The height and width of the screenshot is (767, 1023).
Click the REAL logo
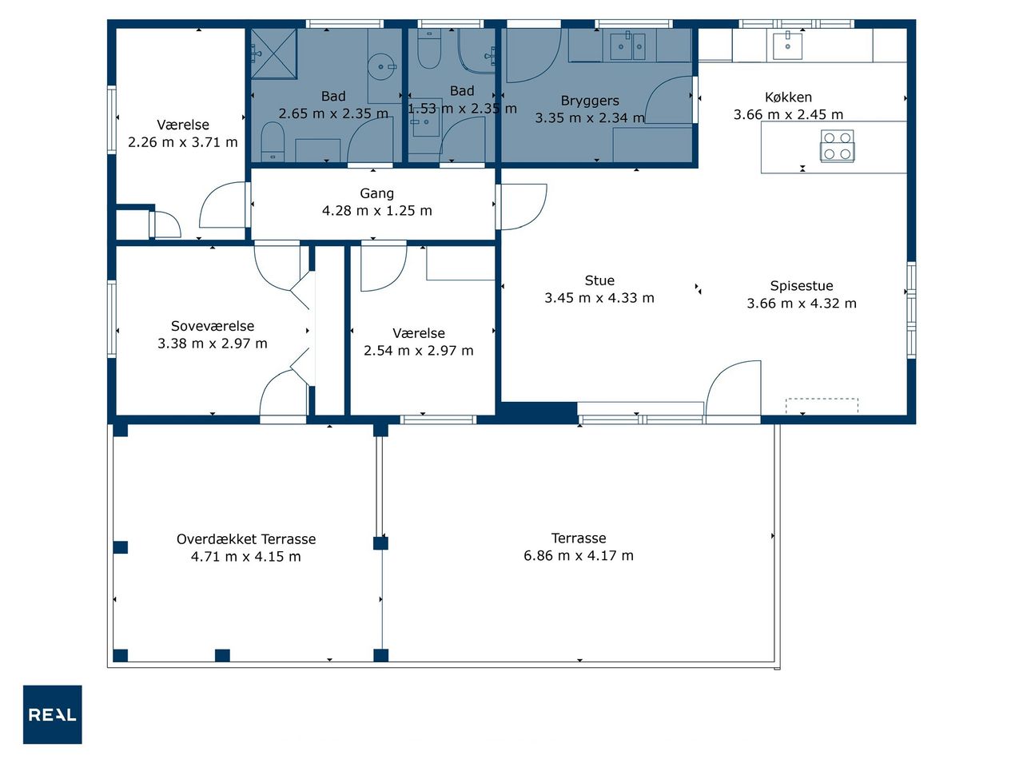tap(52, 714)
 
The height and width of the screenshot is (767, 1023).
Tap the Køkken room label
tap(788, 97)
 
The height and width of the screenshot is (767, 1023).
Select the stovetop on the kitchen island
tap(837, 145)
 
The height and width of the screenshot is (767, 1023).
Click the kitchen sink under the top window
tap(788, 46)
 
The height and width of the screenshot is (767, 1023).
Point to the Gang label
tap(376, 193)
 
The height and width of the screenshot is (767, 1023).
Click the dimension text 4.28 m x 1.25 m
tap(376, 210)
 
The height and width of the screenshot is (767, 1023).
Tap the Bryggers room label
tap(590, 101)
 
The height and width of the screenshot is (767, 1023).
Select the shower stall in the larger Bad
tap(273, 53)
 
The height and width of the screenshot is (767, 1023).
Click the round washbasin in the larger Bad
tap(380, 66)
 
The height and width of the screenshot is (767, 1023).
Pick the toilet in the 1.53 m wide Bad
tap(428, 49)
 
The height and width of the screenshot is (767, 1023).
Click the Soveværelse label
tap(212, 326)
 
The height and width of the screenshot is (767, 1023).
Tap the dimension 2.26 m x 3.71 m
tap(183, 142)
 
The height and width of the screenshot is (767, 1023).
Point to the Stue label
tap(599, 280)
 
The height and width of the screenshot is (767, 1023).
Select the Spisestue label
tap(801, 286)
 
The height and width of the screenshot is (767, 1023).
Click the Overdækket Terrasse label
tap(246, 538)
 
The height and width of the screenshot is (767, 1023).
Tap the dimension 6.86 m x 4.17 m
tap(579, 555)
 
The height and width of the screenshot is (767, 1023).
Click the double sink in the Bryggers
tap(627, 46)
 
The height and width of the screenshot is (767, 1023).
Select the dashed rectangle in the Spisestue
tap(822, 406)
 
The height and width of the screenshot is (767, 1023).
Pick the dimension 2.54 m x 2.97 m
tap(418, 351)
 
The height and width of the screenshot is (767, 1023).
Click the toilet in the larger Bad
tap(273, 142)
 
